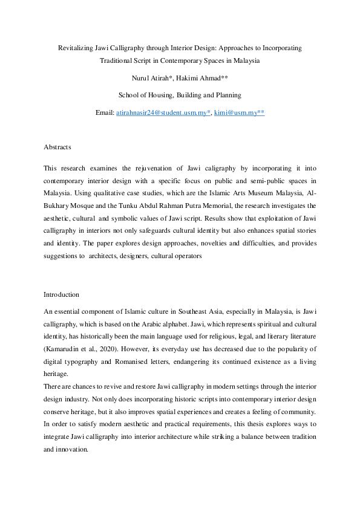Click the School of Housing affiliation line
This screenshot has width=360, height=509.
[180, 95]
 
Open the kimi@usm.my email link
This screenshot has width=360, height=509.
[239, 112]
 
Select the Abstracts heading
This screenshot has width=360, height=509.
[57, 147]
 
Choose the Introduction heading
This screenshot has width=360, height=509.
[61, 294]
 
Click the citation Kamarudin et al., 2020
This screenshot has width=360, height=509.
[81, 350]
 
